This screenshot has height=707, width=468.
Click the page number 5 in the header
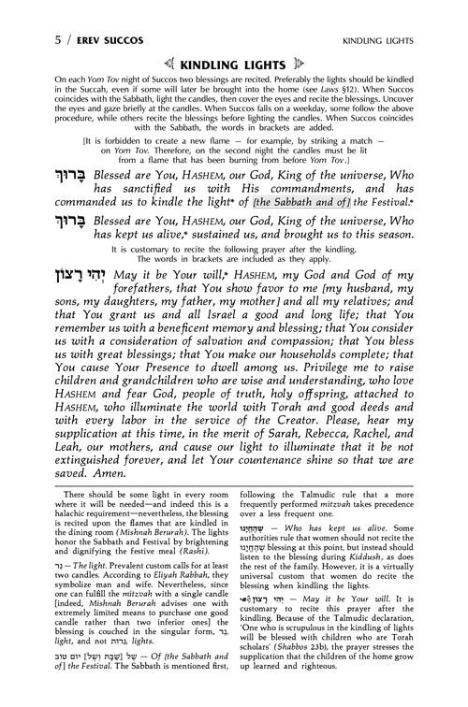tap(8, 14)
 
